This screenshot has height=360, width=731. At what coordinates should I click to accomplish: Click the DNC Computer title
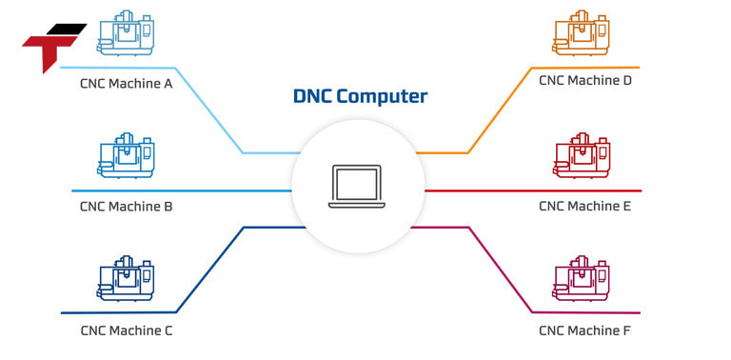(360, 96)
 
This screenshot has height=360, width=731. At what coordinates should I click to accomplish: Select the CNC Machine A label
(126, 83)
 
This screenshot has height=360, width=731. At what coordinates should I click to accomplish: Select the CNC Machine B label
(126, 206)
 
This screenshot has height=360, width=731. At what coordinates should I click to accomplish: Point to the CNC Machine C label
(126, 331)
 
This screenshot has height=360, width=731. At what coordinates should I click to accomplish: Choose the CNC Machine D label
(584, 81)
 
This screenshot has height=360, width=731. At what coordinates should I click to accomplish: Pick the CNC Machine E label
(584, 206)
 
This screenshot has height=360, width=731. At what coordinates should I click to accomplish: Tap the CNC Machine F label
(584, 331)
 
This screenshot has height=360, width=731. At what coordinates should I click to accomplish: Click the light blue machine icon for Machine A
(126, 33)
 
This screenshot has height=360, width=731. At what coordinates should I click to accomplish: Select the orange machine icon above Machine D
(581, 33)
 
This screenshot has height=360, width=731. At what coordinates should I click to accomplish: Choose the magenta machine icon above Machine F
(581, 281)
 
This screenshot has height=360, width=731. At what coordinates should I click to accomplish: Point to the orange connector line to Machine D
(499, 110)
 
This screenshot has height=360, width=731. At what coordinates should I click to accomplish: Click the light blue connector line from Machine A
(209, 110)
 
